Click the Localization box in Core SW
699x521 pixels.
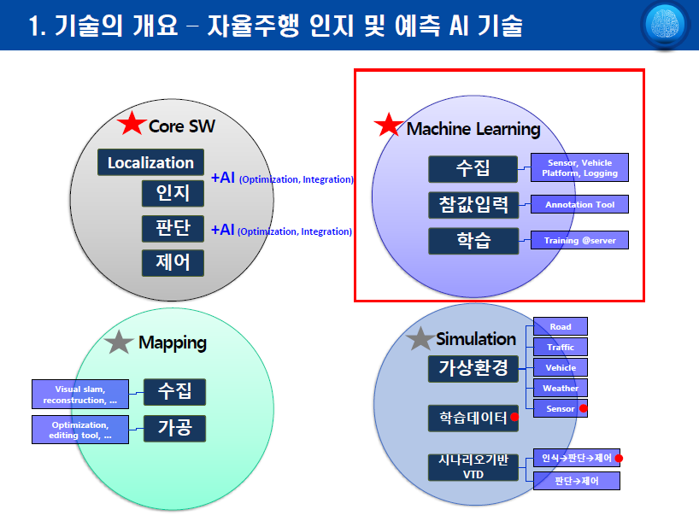pyautogui.click(x=150, y=162)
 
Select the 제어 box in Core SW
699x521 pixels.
pyautogui.click(x=173, y=263)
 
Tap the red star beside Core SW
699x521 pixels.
pyautogui.click(x=132, y=123)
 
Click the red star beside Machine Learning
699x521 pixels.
pyautogui.click(x=389, y=125)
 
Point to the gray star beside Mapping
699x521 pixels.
pyautogui.click(x=119, y=342)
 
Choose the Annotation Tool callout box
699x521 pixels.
pyautogui.click(x=579, y=205)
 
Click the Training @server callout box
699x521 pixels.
pyautogui.click(x=579, y=240)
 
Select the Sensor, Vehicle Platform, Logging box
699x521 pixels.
pyautogui.click(x=579, y=167)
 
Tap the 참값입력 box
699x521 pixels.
pyautogui.click(x=473, y=205)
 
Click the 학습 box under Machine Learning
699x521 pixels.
pyautogui.click(x=473, y=241)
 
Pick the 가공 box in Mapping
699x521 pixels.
pyautogui.click(x=174, y=428)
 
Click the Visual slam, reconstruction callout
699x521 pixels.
pyautogui.click(x=80, y=395)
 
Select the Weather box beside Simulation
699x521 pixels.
pyautogui.click(x=561, y=388)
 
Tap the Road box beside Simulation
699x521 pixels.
pyautogui.click(x=561, y=326)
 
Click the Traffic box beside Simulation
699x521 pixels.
pyautogui.click(x=561, y=347)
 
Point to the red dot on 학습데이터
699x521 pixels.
pyautogui.click(x=514, y=417)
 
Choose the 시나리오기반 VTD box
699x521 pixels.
pyautogui.click(x=473, y=467)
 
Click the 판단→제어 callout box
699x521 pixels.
pyautogui.click(x=577, y=481)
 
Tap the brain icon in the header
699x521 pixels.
pyautogui.click(x=665, y=25)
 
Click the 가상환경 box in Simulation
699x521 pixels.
pyautogui.click(x=473, y=369)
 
